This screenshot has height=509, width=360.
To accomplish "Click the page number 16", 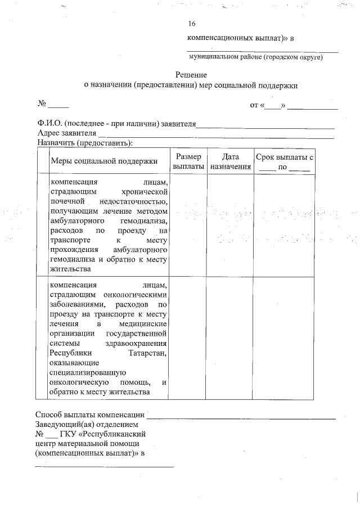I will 192,24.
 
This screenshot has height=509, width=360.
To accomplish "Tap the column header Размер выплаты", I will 188,161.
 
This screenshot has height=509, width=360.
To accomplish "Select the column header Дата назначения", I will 231,161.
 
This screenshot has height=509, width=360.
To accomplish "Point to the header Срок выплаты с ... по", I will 284,162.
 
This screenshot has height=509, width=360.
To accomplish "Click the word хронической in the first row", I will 145,191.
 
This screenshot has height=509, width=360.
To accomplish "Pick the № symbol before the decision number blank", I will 41,104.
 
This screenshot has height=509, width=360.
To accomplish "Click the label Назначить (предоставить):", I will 84,143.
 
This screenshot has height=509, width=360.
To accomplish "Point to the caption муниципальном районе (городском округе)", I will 255,57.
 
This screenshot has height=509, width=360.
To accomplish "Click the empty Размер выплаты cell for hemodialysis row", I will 188,225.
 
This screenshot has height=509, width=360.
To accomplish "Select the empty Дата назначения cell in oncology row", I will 231,337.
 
